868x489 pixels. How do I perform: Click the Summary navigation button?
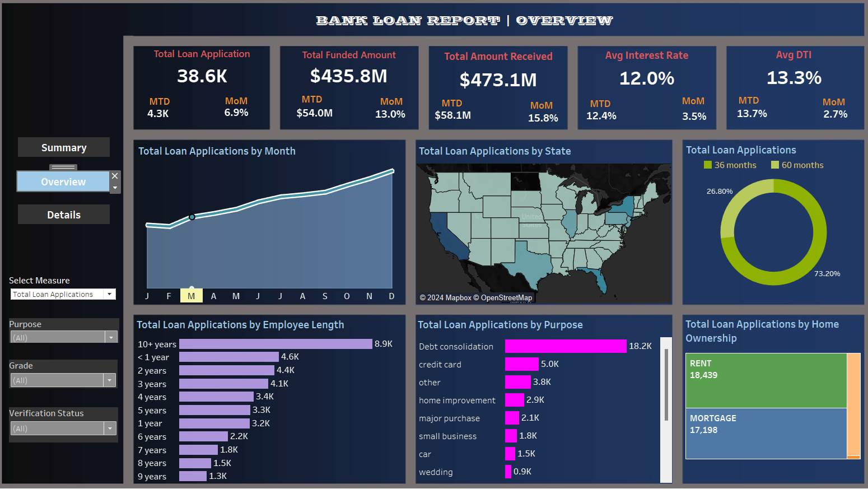(64, 147)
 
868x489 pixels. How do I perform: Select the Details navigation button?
(64, 215)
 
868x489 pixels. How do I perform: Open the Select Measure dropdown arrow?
(110, 294)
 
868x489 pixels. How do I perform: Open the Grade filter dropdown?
(110, 380)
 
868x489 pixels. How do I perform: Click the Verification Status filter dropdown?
(110, 429)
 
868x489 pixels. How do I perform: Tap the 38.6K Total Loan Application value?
(202, 76)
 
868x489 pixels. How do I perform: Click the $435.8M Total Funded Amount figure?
(348, 76)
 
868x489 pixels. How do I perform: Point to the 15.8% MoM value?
(543, 118)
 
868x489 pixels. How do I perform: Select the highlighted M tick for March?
(191, 296)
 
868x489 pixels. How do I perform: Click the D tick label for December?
(391, 296)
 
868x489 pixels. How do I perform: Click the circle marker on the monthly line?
(192, 217)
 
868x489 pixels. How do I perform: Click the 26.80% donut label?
(720, 192)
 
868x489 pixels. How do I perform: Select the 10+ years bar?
(276, 344)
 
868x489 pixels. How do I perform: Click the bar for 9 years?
(193, 476)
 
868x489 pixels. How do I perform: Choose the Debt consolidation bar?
(566, 346)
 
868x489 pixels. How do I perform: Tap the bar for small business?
(511, 436)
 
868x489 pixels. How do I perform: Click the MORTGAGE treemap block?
(766, 433)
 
